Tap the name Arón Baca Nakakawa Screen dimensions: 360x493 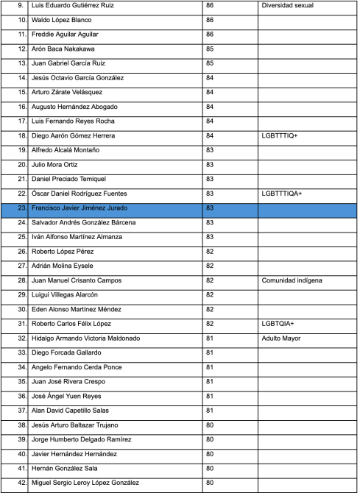(61, 49)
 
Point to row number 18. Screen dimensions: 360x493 (22, 136)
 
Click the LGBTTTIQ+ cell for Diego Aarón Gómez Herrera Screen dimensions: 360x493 (280, 136)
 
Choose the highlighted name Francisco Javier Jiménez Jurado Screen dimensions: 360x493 (78, 208)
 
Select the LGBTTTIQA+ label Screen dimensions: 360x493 (282, 194)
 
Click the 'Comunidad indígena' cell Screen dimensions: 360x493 (292, 280)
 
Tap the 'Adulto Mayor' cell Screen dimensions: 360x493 (282, 338)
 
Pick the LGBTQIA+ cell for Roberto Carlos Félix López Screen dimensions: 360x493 (278, 324)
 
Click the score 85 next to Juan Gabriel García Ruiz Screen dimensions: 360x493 (211, 63)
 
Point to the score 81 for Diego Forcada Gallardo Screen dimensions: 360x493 (211, 353)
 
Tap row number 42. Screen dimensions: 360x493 (22, 483)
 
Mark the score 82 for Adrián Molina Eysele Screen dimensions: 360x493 (211, 266)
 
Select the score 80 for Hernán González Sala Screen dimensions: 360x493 (211, 469)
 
